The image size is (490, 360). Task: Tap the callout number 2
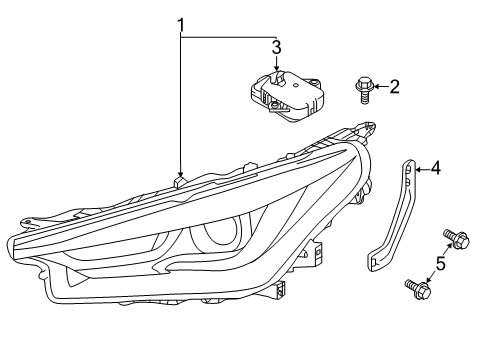click(395, 87)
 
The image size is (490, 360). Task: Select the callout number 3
click(277, 45)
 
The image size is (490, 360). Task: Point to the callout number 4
click(436, 168)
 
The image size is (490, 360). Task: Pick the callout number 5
click(438, 264)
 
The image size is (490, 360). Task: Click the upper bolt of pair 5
click(455, 240)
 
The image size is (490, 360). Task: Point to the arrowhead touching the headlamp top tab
click(181, 174)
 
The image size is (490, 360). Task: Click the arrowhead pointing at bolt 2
click(374, 88)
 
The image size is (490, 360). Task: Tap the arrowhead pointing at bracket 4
click(418, 168)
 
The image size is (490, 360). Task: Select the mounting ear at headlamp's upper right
click(368, 128)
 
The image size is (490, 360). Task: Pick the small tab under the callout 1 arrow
click(181, 183)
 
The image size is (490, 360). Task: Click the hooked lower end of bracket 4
click(377, 262)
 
